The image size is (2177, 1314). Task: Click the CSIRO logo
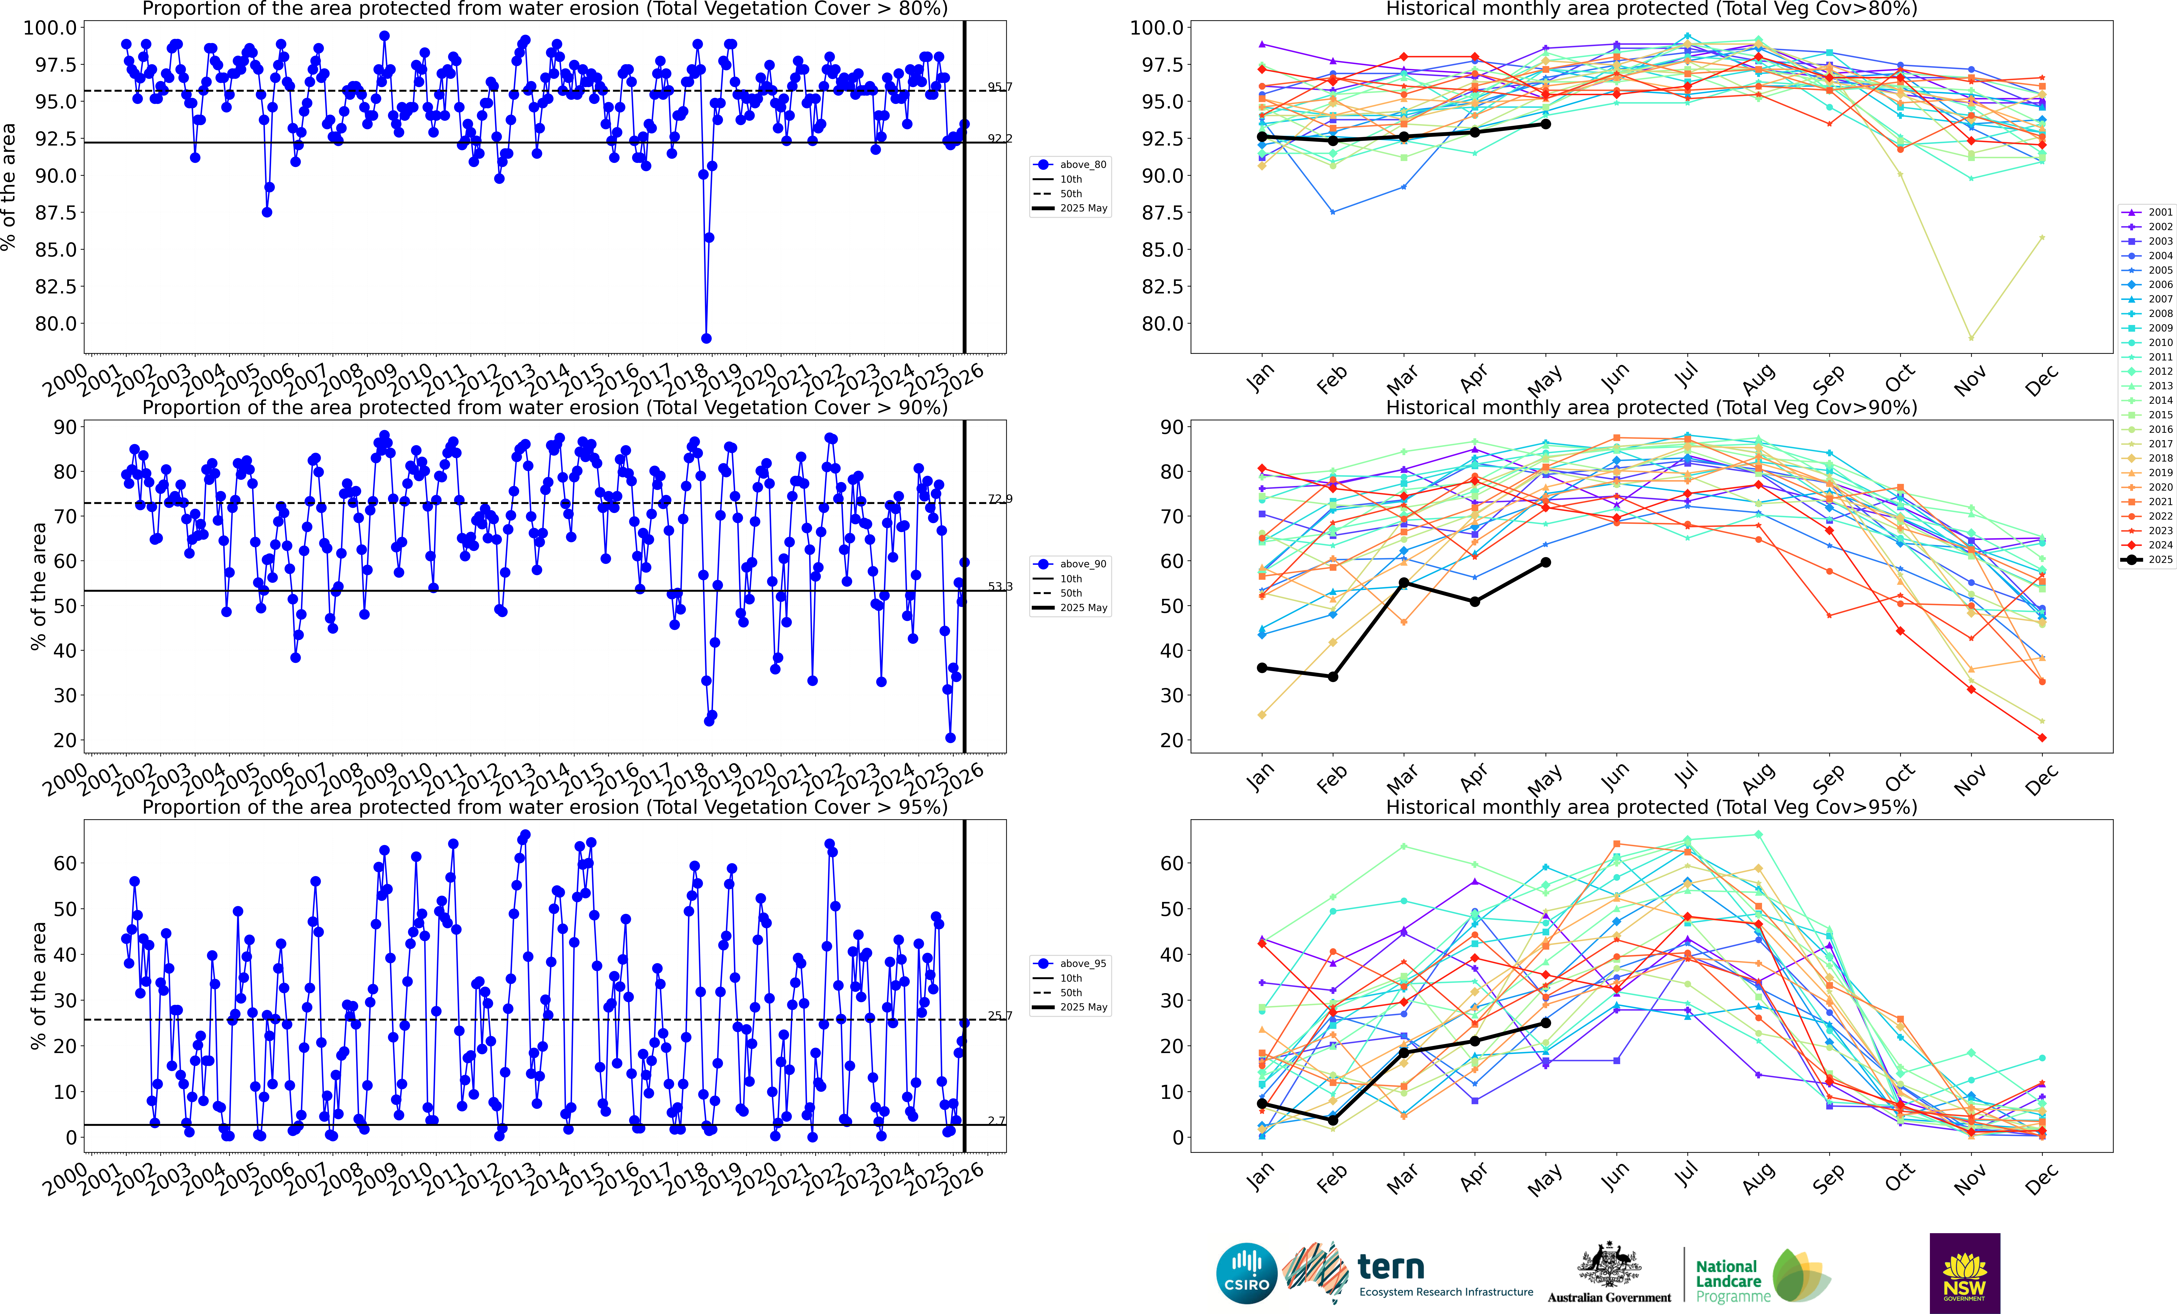click(1247, 1273)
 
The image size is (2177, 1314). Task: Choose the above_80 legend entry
click(1071, 164)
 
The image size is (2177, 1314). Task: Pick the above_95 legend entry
click(1071, 963)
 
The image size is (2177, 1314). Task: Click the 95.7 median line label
click(999, 87)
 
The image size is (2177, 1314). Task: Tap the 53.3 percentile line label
click(999, 586)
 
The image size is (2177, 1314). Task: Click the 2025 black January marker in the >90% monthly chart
click(1262, 668)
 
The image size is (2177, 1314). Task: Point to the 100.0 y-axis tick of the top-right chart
click(1156, 27)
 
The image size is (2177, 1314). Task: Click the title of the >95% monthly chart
click(1650, 807)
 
